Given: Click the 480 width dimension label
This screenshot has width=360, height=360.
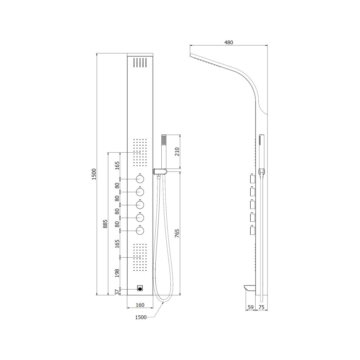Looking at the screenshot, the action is [x=229, y=42].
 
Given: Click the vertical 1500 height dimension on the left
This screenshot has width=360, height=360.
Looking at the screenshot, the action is [x=93, y=174].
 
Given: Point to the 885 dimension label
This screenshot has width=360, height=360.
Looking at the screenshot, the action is [x=105, y=224].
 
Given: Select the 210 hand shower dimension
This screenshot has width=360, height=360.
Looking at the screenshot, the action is [x=177, y=152].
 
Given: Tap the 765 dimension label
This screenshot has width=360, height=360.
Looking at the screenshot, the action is [x=177, y=233].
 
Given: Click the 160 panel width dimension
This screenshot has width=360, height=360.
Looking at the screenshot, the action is [x=140, y=305].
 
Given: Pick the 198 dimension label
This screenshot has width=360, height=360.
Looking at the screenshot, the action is [x=117, y=273].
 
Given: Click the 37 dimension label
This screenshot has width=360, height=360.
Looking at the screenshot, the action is [x=117, y=292].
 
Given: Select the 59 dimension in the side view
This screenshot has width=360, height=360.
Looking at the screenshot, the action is [x=250, y=307].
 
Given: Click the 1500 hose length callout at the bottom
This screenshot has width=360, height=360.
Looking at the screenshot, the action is [x=140, y=317].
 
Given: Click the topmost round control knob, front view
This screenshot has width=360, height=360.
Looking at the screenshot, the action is [x=140, y=179].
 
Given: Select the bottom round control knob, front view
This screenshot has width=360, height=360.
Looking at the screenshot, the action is [x=140, y=230].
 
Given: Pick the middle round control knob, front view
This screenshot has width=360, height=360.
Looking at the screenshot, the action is [x=140, y=205].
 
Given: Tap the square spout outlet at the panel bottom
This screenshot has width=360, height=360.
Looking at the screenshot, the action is [x=140, y=289].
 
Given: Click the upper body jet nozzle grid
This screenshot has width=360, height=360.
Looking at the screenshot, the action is [x=140, y=152].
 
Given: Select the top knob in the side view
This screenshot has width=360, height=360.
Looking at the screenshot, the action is [x=252, y=179].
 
